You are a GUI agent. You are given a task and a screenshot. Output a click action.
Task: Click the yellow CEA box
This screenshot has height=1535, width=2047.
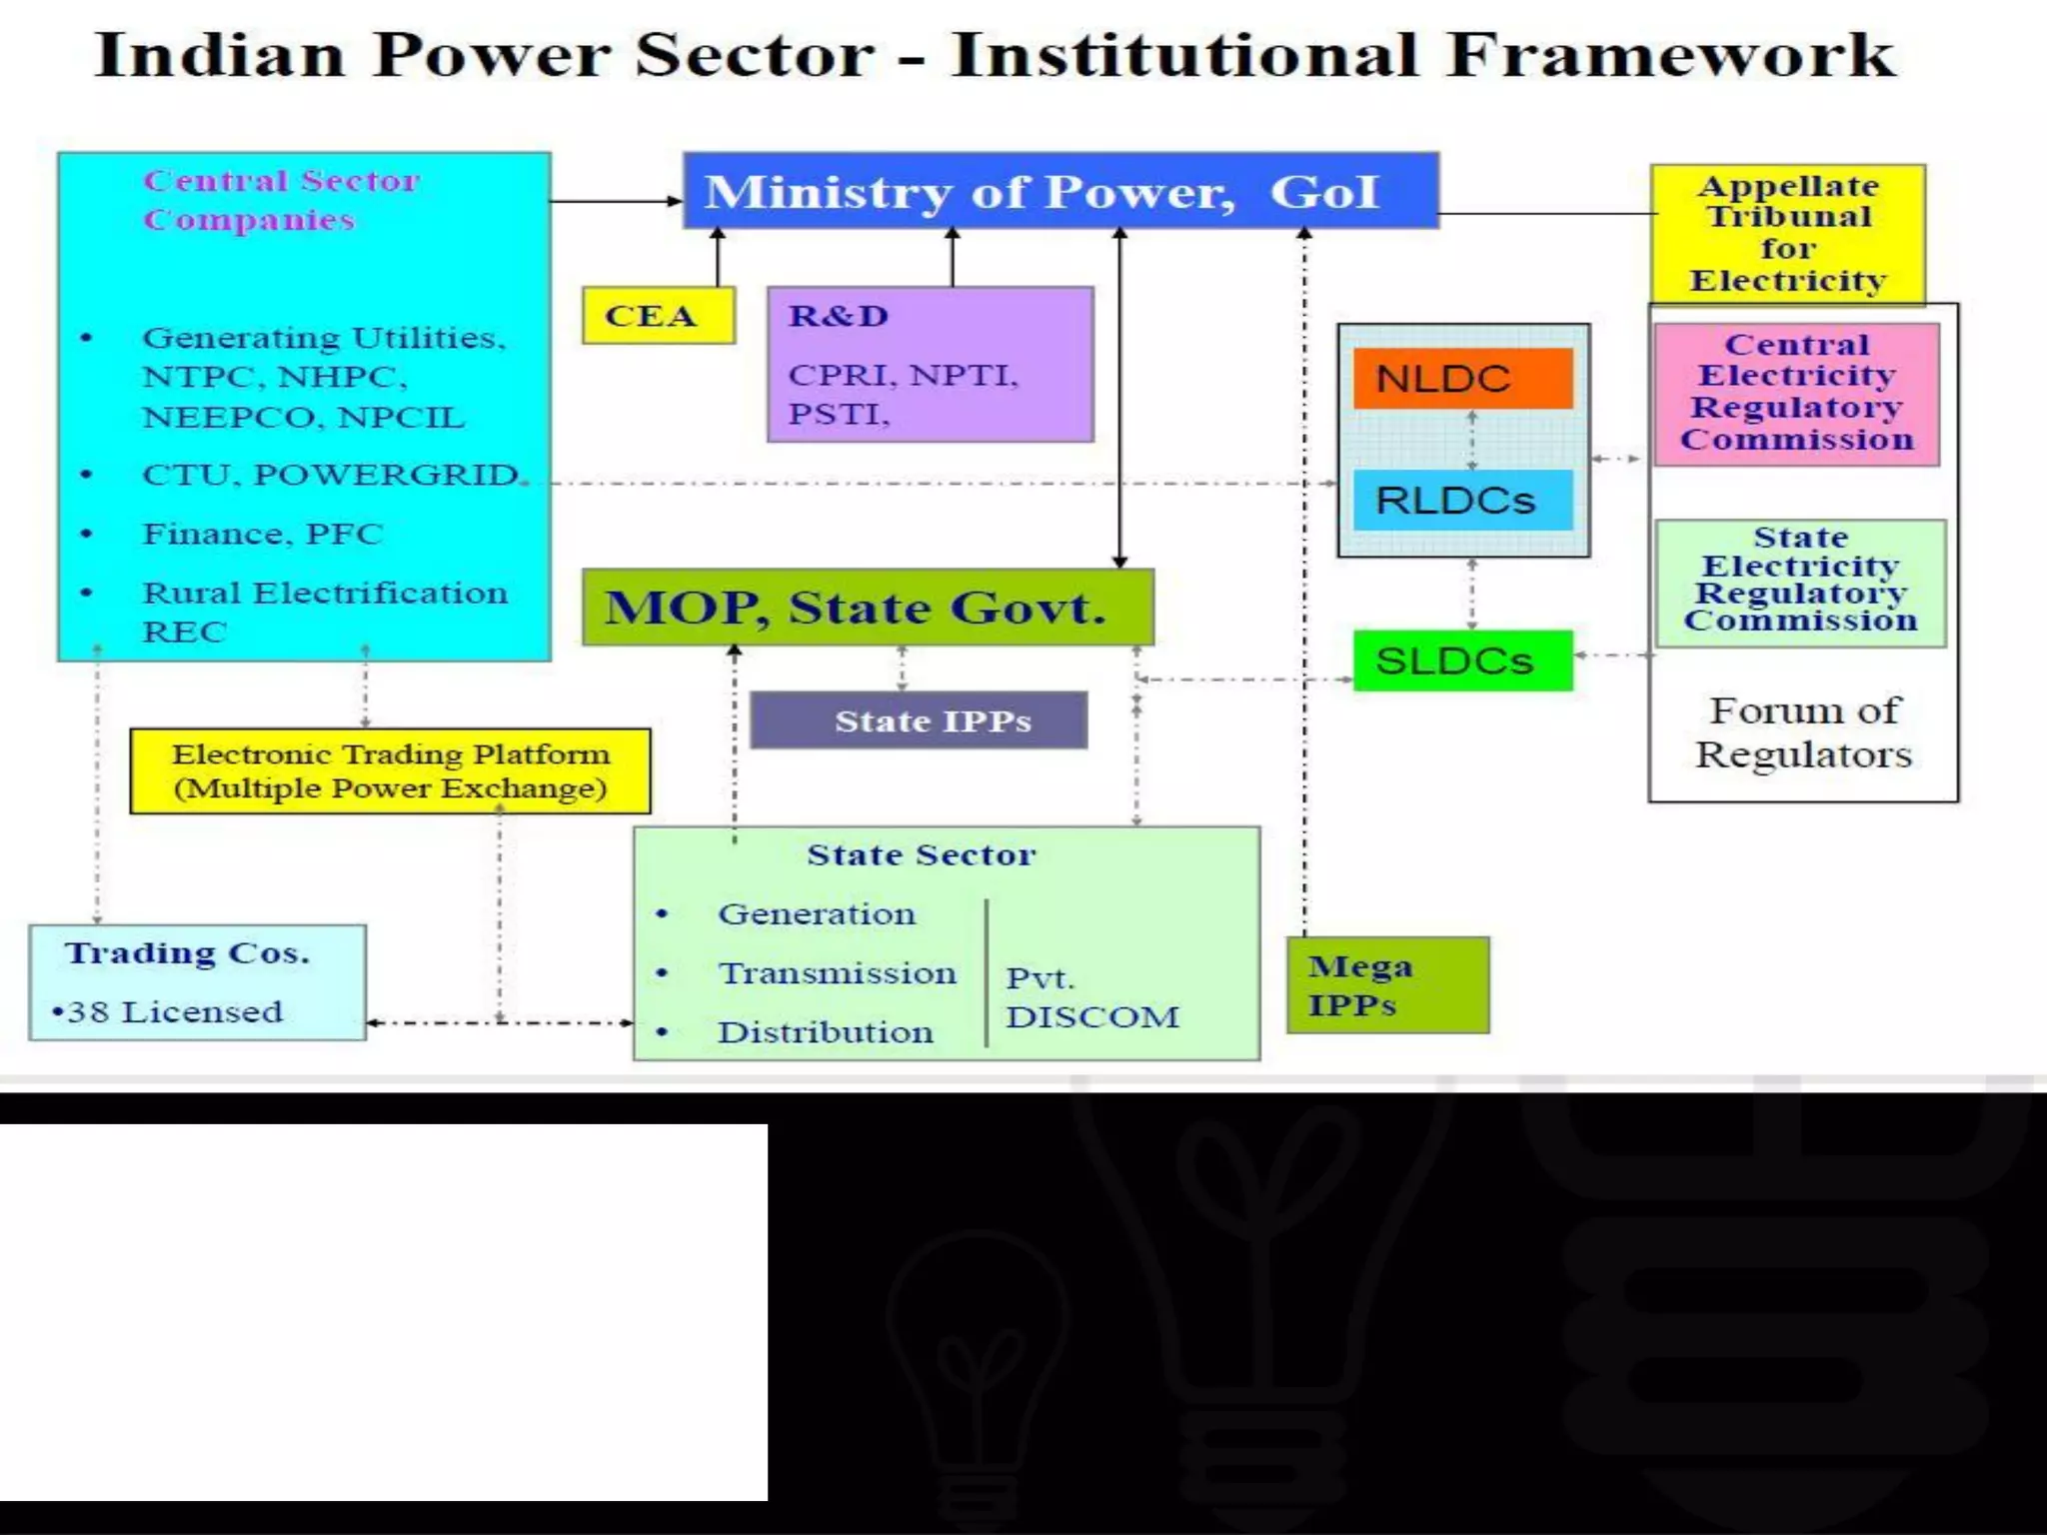pos(658,316)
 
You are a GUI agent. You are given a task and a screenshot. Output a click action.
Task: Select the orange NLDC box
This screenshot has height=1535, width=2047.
pos(1462,379)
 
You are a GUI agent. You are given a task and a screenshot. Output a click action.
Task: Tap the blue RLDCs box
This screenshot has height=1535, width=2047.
pos(1462,500)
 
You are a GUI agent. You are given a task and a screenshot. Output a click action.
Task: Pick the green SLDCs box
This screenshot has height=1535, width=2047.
pos(1462,661)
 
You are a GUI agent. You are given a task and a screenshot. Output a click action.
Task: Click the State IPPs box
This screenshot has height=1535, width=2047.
pos(919,721)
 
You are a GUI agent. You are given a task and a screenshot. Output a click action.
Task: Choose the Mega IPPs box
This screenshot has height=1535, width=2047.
pos(1387,985)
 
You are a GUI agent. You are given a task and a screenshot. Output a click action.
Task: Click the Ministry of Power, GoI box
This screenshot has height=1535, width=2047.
pos(1059,191)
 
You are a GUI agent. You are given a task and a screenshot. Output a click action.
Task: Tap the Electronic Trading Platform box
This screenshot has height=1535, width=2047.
pos(390,770)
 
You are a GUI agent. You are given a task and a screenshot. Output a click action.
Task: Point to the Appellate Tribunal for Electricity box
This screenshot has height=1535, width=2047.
pos(1787,234)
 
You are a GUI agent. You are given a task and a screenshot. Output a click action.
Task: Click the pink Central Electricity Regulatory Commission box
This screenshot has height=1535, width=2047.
pos(1796,393)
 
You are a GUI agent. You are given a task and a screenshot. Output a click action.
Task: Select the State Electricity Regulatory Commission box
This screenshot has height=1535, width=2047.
pos(1800,581)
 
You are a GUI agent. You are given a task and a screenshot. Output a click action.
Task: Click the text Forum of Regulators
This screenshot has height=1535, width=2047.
pos(1803,733)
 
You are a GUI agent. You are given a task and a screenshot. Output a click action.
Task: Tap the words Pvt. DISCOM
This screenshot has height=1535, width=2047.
pos(1091,997)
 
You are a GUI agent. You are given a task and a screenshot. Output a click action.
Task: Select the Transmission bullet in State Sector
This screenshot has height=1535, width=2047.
pos(837,973)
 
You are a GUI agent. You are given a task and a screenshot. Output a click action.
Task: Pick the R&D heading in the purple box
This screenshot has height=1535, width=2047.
pos(838,316)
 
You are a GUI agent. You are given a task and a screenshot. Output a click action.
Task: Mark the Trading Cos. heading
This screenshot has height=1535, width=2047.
pos(188,953)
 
